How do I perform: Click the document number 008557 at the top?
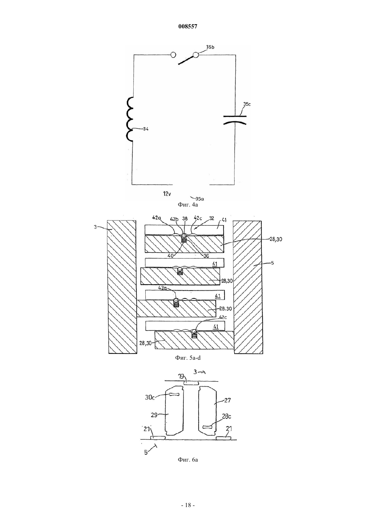coord(188,27)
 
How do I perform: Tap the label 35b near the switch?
coord(210,47)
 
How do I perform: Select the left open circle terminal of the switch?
coord(174,55)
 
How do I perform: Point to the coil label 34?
coord(146,129)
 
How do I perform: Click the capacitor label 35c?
coord(247,104)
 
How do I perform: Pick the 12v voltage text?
coord(167,194)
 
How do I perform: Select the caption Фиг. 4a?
coord(188,204)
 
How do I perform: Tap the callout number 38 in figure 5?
coord(185,219)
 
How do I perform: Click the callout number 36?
coord(206,256)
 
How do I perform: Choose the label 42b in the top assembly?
coord(175,219)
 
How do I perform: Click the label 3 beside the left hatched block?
coord(95,227)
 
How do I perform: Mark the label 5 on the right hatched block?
coord(272,263)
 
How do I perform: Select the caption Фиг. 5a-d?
coord(188,358)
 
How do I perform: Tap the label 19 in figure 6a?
coord(181,376)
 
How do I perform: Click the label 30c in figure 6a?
coord(150,397)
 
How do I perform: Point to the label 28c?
coord(226,416)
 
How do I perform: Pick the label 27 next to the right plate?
coord(227,400)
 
